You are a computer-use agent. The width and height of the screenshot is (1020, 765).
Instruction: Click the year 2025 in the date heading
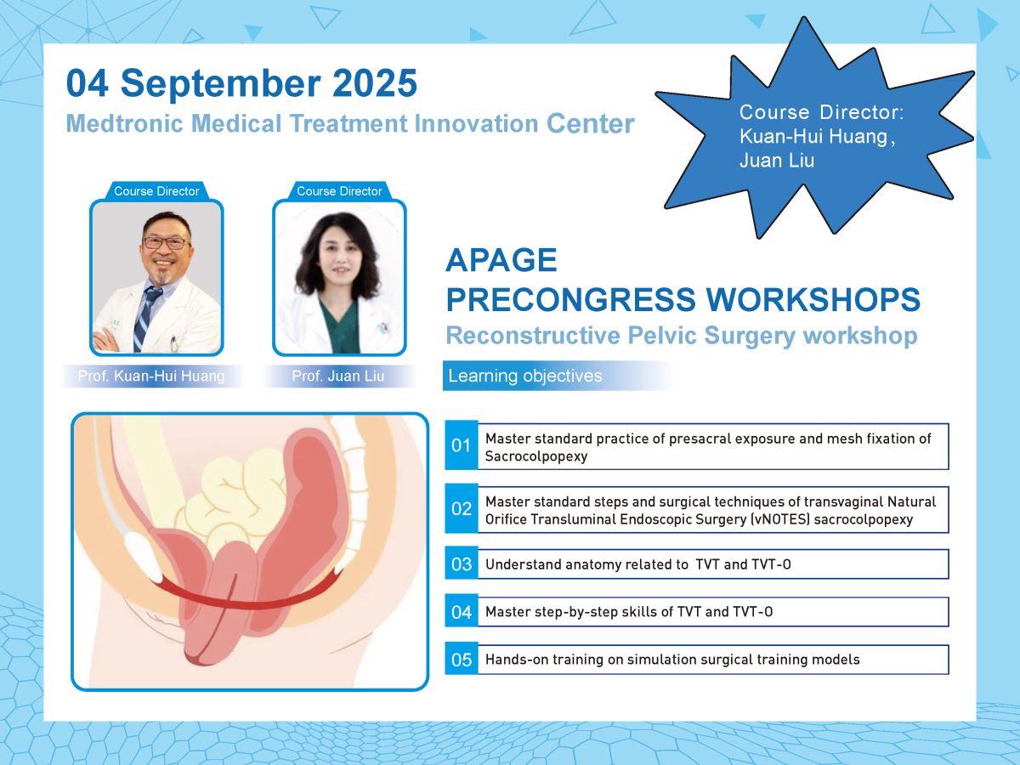pos(375,83)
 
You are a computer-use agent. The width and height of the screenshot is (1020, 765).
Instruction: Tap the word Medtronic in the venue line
pos(125,123)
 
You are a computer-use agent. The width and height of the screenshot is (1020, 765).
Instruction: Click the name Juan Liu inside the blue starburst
pos(777,161)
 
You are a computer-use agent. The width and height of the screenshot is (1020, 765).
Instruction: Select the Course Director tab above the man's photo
pos(156,191)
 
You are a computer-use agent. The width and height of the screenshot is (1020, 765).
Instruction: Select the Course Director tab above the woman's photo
pos(339,191)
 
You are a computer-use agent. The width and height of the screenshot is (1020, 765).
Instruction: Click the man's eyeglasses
pos(166,243)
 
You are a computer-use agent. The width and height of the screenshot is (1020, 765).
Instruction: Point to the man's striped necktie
pos(146,318)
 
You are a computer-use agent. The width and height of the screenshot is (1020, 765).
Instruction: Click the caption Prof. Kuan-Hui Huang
pos(151,376)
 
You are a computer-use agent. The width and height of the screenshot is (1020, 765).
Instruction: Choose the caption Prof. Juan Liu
pos(337,376)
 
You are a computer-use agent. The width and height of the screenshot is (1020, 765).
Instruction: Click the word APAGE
pos(501,260)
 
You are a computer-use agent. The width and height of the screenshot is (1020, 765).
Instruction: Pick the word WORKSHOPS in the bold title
pos(813,299)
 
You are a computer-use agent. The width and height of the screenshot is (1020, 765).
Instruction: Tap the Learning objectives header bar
pos(557,376)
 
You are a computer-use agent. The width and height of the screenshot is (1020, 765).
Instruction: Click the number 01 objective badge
pos(461,445)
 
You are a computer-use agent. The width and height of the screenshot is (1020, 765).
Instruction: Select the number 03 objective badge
pos(461,564)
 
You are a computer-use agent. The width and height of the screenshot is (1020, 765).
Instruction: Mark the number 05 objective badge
pos(461,660)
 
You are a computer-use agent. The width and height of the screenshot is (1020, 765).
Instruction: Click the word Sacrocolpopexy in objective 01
pos(536,456)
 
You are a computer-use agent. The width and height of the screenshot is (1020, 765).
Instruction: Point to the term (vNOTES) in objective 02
pos(780,519)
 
